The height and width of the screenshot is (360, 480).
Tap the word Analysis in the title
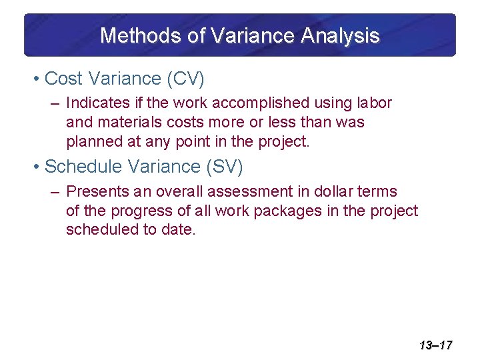pyautogui.click(x=339, y=35)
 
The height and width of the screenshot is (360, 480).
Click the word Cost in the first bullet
pyautogui.click(x=63, y=79)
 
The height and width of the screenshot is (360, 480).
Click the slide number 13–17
pyautogui.click(x=437, y=345)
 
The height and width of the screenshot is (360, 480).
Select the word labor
pyautogui.click(x=374, y=103)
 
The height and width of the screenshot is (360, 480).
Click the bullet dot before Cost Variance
pyautogui.click(x=35, y=79)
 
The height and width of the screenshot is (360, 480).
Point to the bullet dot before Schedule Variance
pyautogui.click(x=35, y=167)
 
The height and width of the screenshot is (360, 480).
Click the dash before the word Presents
pyautogui.click(x=55, y=192)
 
